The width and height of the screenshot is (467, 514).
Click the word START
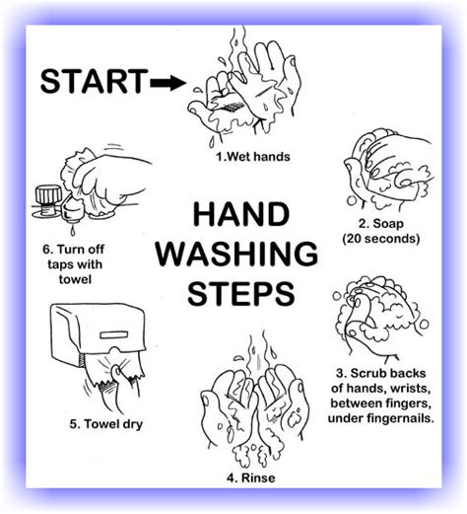click(x=94, y=81)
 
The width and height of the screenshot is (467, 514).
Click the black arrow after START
click(x=167, y=82)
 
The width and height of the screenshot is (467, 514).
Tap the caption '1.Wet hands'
click(x=253, y=156)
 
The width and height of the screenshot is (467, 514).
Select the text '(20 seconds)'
click(x=381, y=239)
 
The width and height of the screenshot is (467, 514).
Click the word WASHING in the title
click(x=236, y=254)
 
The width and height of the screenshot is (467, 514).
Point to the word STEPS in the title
click(x=240, y=293)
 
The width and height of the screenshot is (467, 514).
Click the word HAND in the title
click(x=241, y=214)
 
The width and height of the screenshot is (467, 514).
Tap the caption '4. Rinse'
click(x=251, y=477)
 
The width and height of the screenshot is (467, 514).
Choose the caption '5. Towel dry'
click(x=106, y=424)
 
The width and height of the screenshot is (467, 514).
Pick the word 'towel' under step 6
click(x=75, y=279)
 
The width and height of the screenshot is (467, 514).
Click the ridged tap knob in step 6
click(x=48, y=195)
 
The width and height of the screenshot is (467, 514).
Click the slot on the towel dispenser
click(x=114, y=335)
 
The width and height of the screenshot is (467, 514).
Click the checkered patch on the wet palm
click(x=233, y=107)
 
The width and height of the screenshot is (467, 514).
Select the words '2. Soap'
click(x=381, y=224)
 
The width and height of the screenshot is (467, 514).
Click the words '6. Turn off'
click(x=74, y=250)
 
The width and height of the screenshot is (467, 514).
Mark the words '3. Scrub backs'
click(x=381, y=373)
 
